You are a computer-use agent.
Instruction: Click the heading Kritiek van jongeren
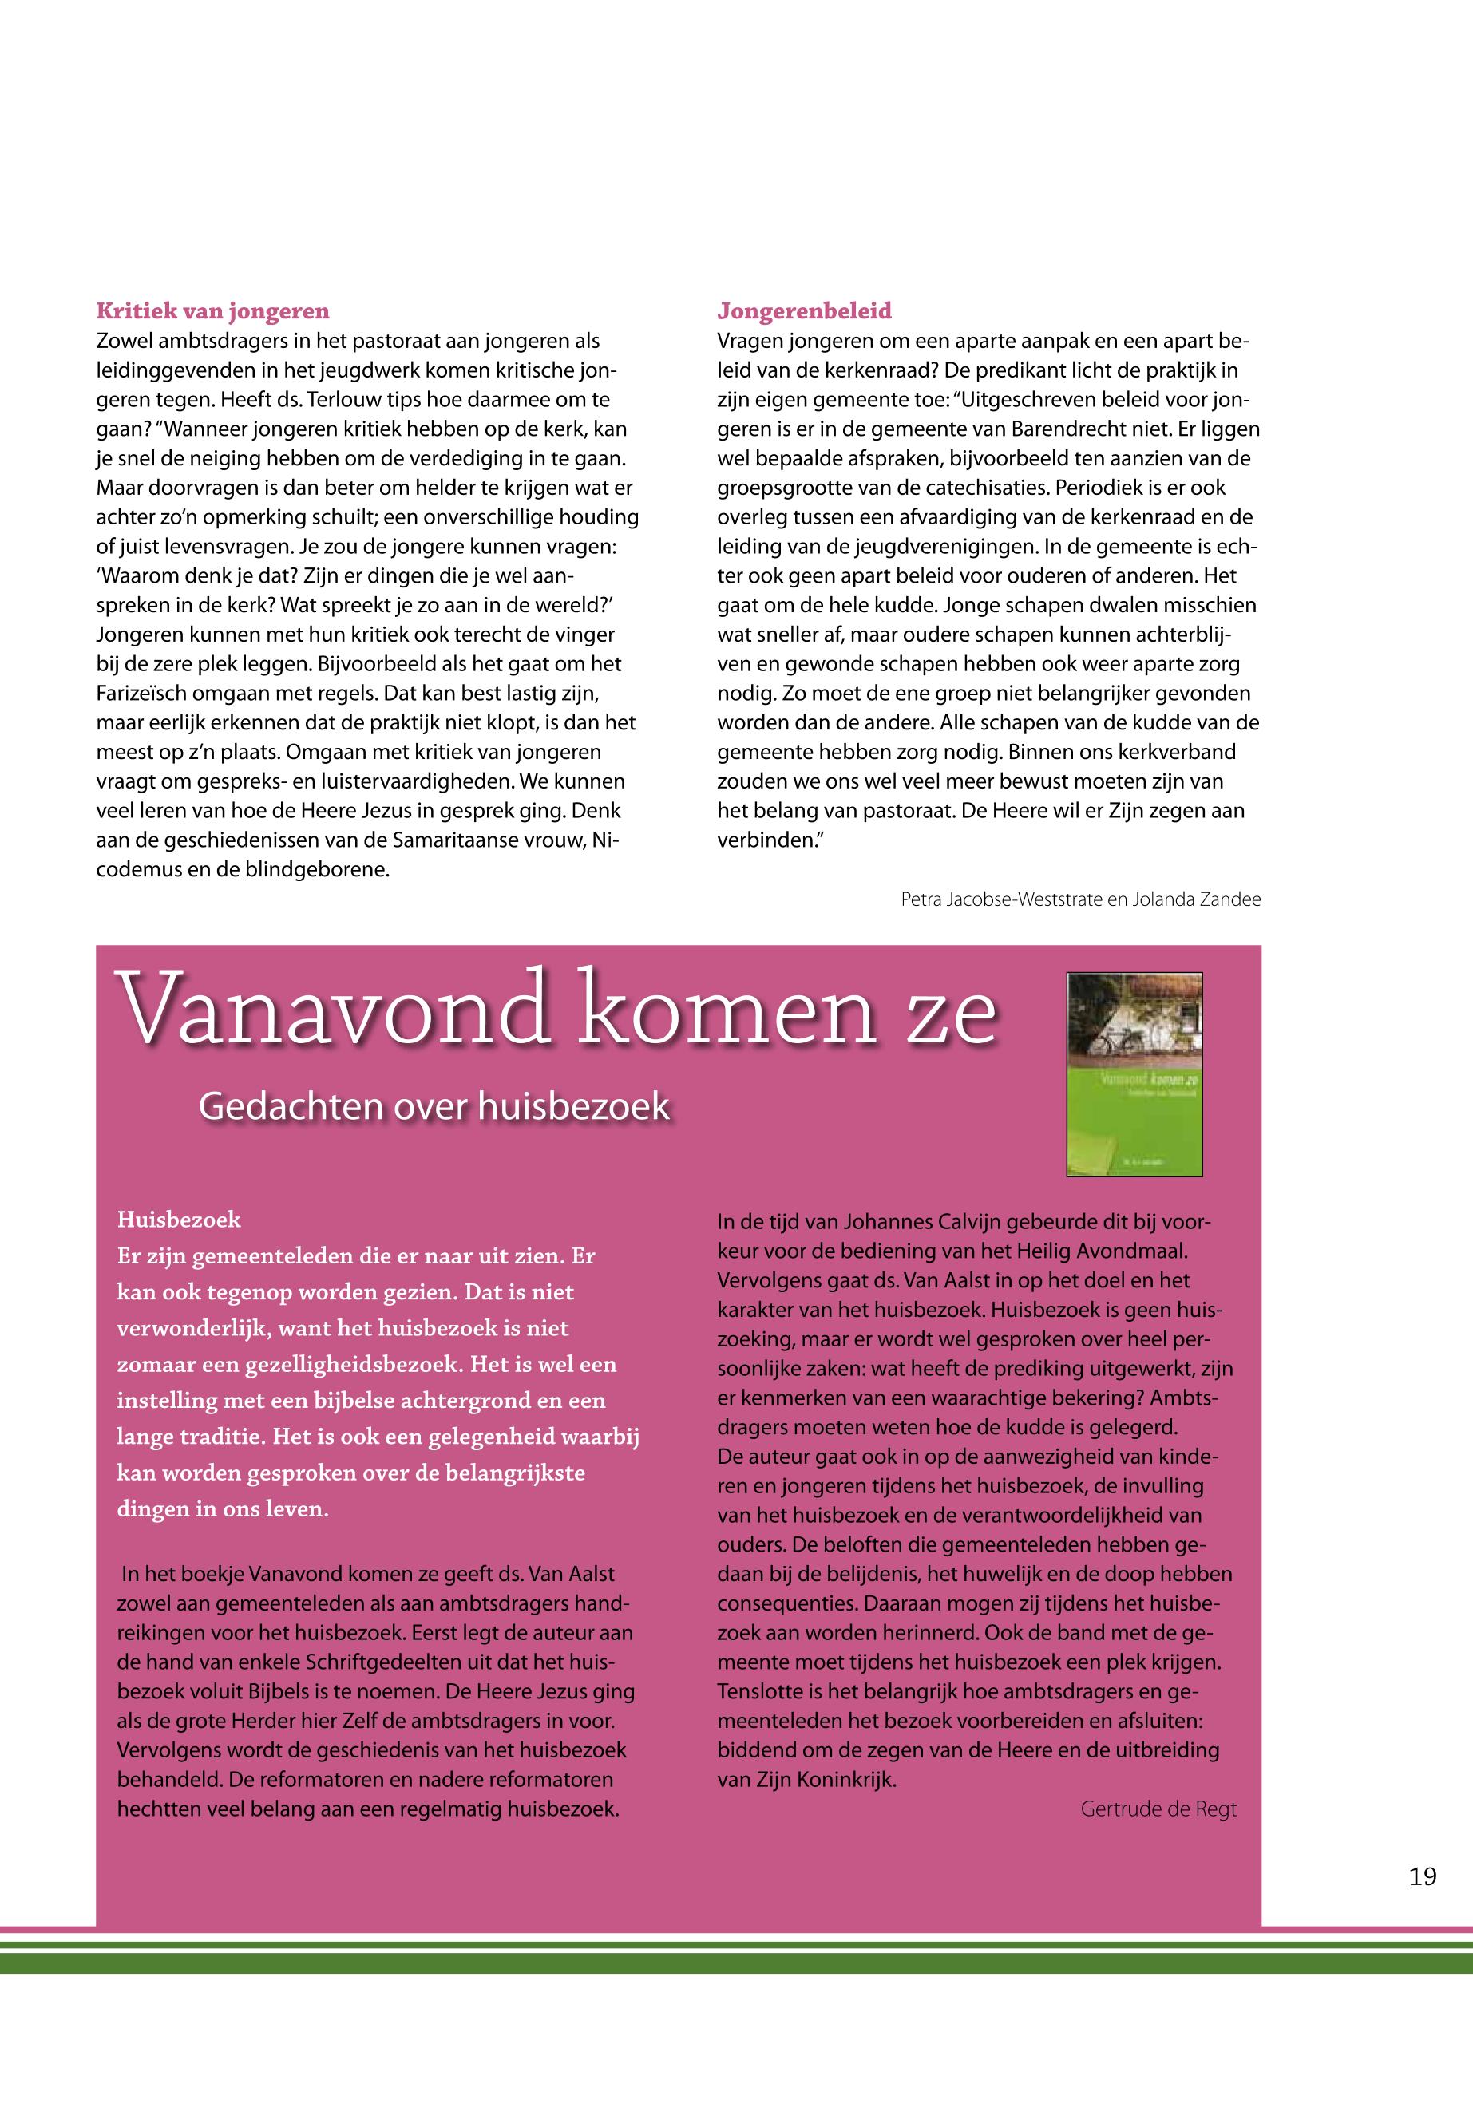(x=212, y=311)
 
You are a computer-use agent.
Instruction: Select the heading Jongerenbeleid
(x=804, y=311)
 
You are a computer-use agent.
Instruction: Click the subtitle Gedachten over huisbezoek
(x=434, y=1106)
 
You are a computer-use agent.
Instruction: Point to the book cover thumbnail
(x=1134, y=1074)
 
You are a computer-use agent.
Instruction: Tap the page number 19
(x=1422, y=1876)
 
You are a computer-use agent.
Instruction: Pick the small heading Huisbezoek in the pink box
(x=179, y=1220)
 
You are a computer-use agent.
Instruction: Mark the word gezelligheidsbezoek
(x=355, y=1364)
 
